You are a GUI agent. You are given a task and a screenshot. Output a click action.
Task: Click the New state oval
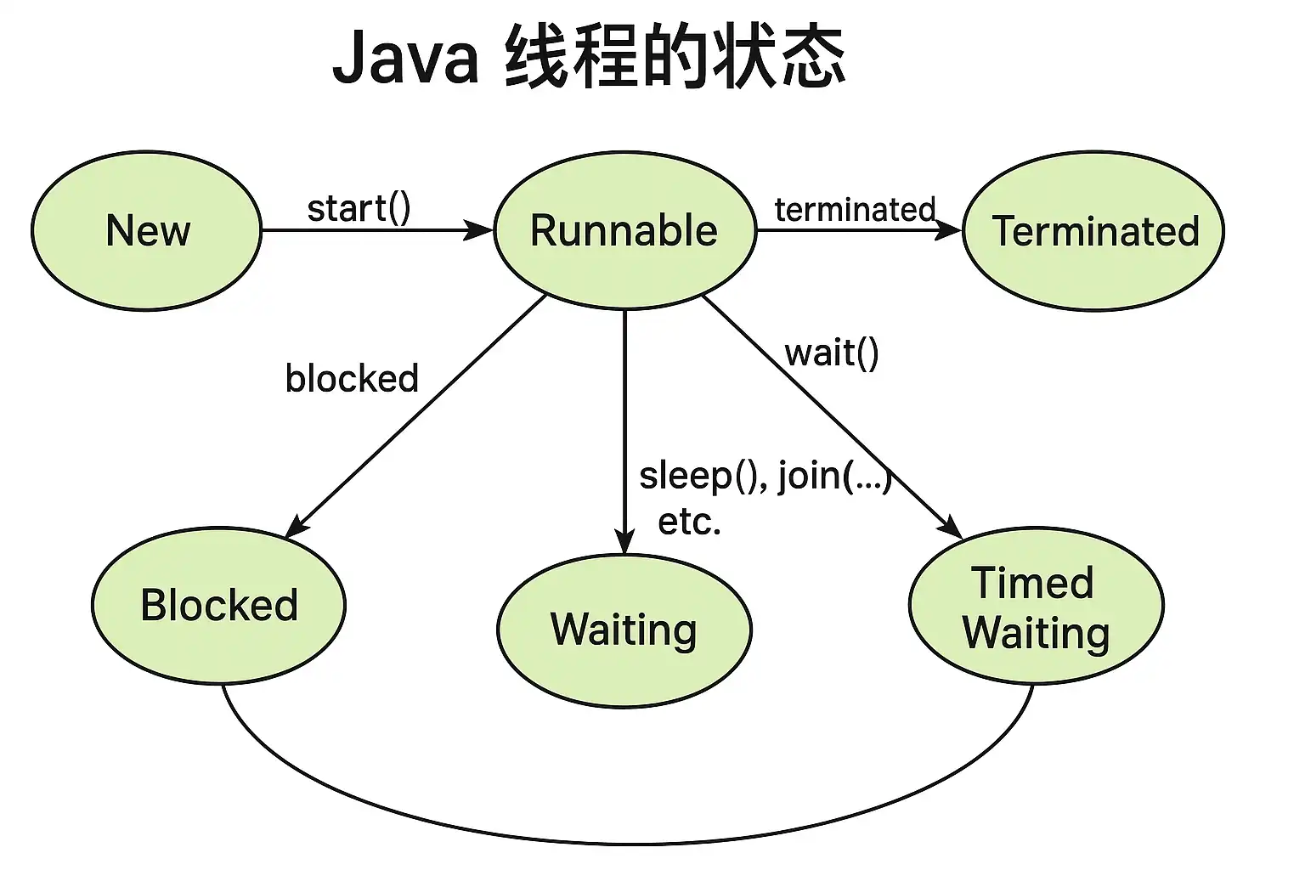pyautogui.click(x=146, y=231)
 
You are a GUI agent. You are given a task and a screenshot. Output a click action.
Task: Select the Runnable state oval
pyautogui.click(x=625, y=230)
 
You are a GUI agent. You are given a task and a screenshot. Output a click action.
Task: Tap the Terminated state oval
pyautogui.click(x=1093, y=231)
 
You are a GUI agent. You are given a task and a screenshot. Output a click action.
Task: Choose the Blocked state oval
pyautogui.click(x=219, y=606)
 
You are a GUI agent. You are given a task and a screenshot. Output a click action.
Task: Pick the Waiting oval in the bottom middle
pyautogui.click(x=624, y=631)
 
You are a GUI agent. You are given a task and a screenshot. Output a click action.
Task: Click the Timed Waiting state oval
pyautogui.click(x=1037, y=606)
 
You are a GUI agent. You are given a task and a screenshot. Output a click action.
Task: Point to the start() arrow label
pyautogui.click(x=359, y=208)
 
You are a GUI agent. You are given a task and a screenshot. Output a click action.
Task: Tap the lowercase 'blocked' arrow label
pyautogui.click(x=352, y=377)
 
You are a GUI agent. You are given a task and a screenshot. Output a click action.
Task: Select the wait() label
pyautogui.click(x=832, y=353)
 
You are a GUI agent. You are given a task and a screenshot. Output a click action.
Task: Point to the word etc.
pyautogui.click(x=690, y=523)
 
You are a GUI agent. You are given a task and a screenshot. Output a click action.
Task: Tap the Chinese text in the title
pyautogui.click(x=675, y=57)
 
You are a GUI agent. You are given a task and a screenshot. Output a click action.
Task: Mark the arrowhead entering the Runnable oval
pyautogui.click(x=478, y=230)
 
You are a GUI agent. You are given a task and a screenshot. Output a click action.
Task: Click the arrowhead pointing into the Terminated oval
pyautogui.click(x=948, y=230)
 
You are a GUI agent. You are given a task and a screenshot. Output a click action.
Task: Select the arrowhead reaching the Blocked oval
pyautogui.click(x=297, y=526)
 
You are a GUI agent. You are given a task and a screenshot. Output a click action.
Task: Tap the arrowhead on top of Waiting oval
pyautogui.click(x=624, y=542)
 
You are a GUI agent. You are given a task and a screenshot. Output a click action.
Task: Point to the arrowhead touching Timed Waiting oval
pyautogui.click(x=950, y=527)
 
